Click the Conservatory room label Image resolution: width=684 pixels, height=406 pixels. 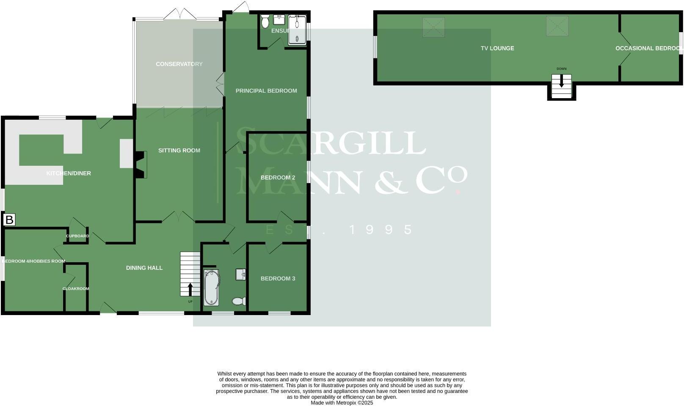point(179,64)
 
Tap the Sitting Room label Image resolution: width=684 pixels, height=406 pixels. point(179,151)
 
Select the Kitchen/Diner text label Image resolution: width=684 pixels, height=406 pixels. point(69,173)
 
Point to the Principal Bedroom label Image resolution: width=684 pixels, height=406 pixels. point(266,91)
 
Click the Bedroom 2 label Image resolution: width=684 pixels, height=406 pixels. point(278,178)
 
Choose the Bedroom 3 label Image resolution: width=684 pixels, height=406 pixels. point(278,279)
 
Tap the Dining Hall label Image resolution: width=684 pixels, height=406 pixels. point(144,268)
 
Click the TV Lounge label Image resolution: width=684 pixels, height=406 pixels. point(497,49)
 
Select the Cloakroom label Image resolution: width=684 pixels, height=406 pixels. point(76,289)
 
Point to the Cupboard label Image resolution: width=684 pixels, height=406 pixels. point(77,236)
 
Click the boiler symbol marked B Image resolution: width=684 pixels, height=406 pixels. point(9,220)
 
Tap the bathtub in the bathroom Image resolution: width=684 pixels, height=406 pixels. point(212,288)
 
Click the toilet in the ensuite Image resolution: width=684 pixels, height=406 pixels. point(265,22)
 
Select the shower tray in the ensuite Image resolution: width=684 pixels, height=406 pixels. point(297,30)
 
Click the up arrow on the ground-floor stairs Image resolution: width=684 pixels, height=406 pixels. point(190,289)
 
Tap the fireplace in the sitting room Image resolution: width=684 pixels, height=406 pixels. point(141,165)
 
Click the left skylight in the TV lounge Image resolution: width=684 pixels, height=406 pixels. point(433,27)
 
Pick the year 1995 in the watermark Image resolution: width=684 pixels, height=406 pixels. point(381,230)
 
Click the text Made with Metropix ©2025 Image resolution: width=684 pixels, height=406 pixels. point(342,403)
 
